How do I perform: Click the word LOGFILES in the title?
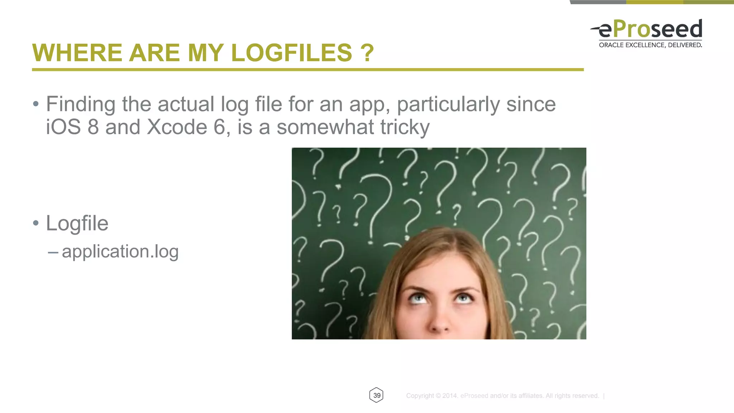coord(291,53)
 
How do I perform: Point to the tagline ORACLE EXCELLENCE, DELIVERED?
coord(650,45)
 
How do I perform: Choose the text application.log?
coord(120,251)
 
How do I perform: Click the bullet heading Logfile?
coord(77,224)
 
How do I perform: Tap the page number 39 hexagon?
coord(376,395)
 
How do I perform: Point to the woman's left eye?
coord(464,298)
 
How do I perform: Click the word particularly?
coord(448,105)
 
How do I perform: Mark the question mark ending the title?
coord(367,53)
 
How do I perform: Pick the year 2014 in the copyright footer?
coord(450,396)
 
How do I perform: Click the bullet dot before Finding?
coord(35,104)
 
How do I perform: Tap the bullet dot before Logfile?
coord(35,223)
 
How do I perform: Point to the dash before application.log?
coord(53,253)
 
